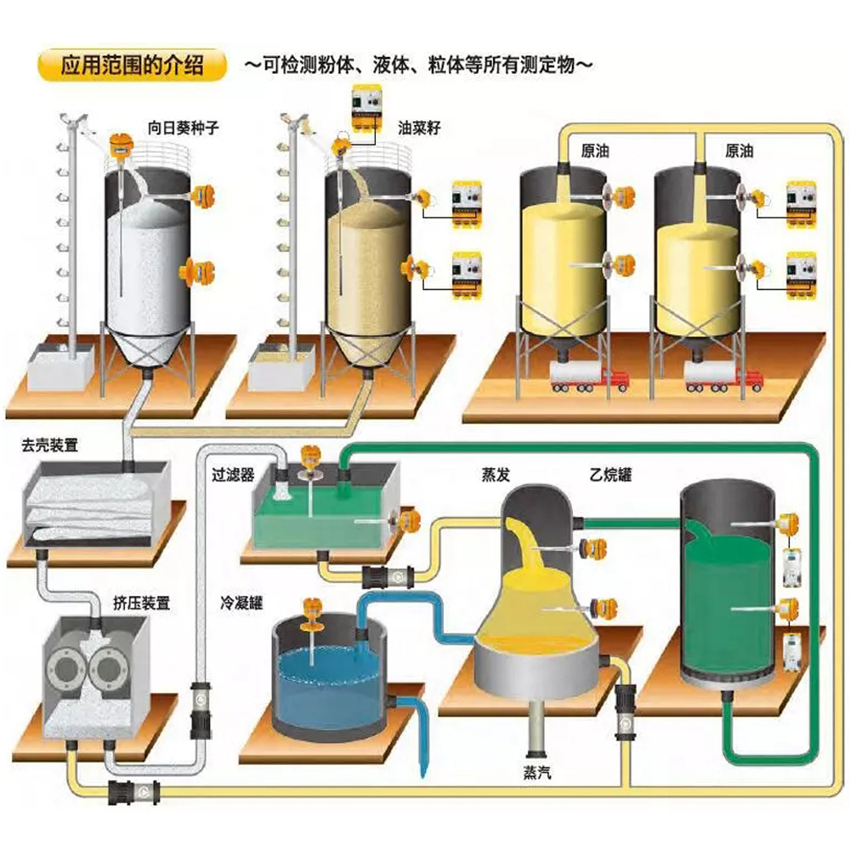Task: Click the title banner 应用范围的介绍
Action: coord(132,65)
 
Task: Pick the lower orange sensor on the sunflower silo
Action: coord(192,270)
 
